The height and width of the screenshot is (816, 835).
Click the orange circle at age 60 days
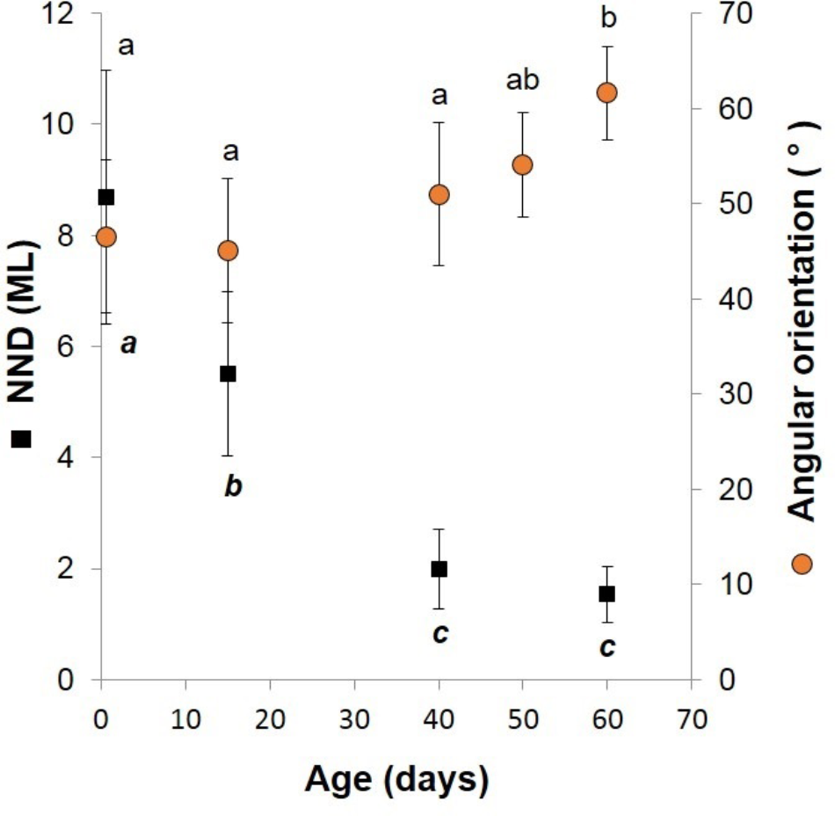pos(606,92)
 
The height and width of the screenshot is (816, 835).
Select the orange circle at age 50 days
pos(522,164)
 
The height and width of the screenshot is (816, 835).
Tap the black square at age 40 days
pos(439,569)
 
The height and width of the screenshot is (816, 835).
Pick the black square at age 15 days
pos(228,374)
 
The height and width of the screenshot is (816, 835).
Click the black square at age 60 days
pos(606,594)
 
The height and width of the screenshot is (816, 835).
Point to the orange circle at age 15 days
pos(228,251)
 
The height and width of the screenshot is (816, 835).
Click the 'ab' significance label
pos(522,81)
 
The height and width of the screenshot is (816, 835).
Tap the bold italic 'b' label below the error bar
pos(233,486)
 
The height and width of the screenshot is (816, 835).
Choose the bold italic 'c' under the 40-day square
pos(440,632)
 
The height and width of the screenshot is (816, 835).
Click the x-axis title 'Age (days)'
pos(396,779)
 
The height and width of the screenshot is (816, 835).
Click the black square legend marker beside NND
pos(22,438)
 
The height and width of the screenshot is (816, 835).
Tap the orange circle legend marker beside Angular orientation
pos(801,564)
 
